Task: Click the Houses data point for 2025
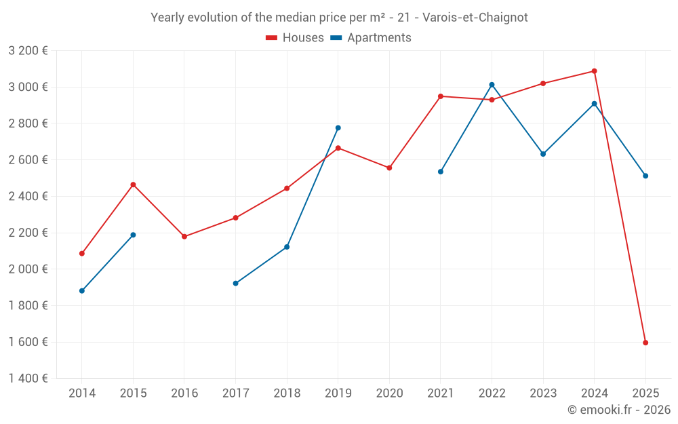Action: pos(645,343)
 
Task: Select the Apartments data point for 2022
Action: pos(492,85)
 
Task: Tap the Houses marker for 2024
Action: pos(595,71)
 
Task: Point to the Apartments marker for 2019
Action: pos(338,128)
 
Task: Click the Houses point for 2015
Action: pos(133,185)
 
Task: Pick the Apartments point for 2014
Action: pos(82,291)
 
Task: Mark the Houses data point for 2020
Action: pos(389,168)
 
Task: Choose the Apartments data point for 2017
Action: pos(235,284)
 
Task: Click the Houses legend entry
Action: pos(295,38)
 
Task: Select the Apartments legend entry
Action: pos(371,38)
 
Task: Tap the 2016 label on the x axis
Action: pos(184,393)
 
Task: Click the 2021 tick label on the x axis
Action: pos(441,393)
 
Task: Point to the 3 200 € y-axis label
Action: pos(28,50)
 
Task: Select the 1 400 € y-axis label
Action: pos(28,379)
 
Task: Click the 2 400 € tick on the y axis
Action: pos(28,196)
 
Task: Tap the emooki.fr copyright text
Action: pos(618,410)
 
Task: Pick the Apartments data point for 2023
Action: pos(543,154)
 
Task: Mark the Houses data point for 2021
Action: pos(441,96)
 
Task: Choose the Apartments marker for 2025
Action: pos(645,176)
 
